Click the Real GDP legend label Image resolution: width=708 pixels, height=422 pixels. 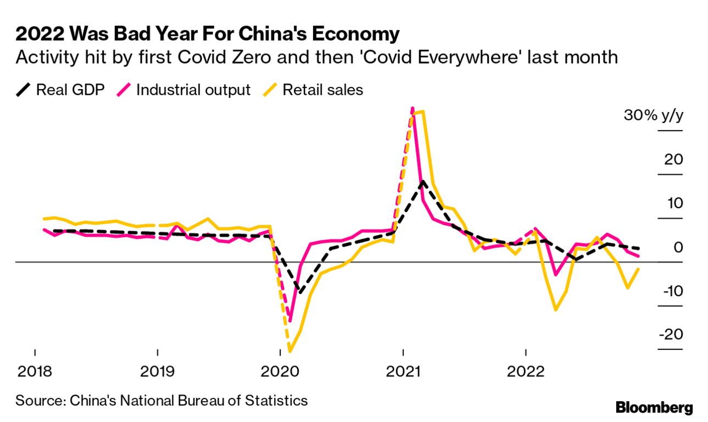coord(70,90)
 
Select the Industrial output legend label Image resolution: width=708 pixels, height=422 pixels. coord(193,90)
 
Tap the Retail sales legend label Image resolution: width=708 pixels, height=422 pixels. coord(322,90)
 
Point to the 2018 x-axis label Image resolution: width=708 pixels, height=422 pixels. coord(35,372)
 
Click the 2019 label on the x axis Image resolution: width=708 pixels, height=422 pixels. coord(158,372)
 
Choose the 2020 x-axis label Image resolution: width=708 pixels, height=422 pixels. coord(281,372)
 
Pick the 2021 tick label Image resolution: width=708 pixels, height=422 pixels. coord(403,372)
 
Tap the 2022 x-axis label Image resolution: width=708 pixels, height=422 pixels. coord(526,372)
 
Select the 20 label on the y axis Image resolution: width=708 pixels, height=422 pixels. coord(674,160)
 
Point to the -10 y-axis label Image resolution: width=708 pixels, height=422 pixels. coord(672,291)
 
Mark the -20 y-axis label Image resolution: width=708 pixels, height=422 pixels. coord(671,335)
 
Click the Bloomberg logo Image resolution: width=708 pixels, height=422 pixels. coord(654,408)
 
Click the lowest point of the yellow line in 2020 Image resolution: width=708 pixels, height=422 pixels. coord(289,351)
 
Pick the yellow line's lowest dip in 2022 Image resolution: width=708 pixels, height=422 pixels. coord(556,309)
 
